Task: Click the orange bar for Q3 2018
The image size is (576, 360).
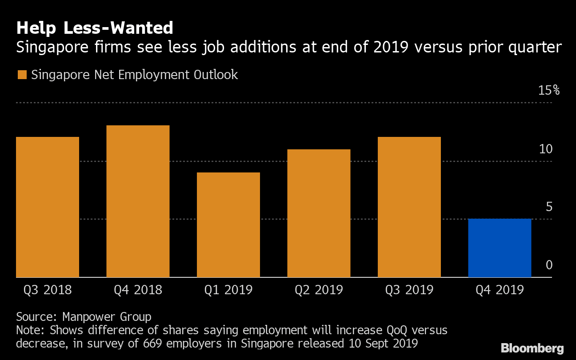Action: (x=48, y=207)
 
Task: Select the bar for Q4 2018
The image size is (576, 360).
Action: (x=138, y=201)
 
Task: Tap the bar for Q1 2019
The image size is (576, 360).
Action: (x=228, y=224)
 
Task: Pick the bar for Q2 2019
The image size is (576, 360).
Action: (x=319, y=213)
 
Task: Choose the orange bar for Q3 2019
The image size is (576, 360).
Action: (x=409, y=207)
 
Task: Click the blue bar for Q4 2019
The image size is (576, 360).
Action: (x=500, y=248)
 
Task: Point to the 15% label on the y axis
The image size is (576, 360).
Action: (x=549, y=91)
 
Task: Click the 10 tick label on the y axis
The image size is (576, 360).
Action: (x=546, y=149)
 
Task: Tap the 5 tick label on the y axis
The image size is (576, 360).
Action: (x=549, y=207)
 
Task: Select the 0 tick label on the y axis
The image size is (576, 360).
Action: (x=549, y=265)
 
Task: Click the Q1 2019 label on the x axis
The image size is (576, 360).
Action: (x=228, y=290)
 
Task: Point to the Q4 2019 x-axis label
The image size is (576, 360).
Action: (x=500, y=290)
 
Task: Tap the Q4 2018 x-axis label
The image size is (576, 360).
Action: (x=138, y=290)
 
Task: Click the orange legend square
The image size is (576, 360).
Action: (x=22, y=75)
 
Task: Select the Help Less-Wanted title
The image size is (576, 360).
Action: (x=95, y=28)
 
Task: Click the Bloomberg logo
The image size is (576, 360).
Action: (x=532, y=348)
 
